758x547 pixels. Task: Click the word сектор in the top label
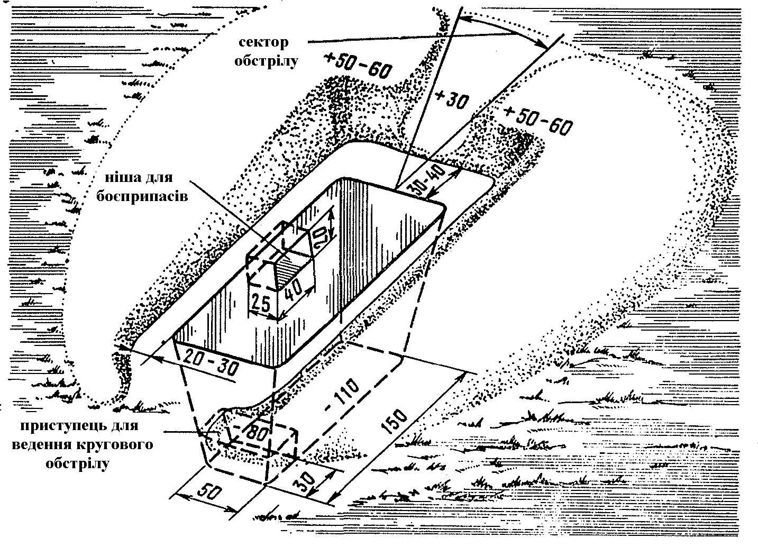(263, 42)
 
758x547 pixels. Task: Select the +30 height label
(451, 99)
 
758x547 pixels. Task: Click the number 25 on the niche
(260, 304)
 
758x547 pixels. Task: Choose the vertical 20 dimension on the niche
(323, 236)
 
